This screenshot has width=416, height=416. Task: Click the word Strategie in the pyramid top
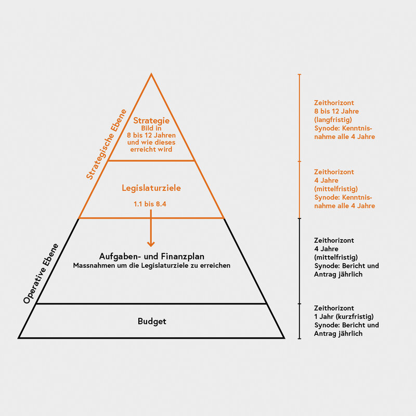click(151, 121)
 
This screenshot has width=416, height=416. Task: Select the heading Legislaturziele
click(151, 188)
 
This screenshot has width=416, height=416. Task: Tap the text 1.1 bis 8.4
click(150, 204)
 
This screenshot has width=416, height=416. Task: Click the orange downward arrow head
click(151, 243)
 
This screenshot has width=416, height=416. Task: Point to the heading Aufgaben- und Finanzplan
click(152, 256)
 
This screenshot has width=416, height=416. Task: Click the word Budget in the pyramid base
click(152, 321)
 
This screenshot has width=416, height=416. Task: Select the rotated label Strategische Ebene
click(107, 145)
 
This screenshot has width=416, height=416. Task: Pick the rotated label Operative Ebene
click(41, 274)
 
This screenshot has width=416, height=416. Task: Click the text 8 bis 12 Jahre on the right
click(336, 111)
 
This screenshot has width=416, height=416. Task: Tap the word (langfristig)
click(333, 120)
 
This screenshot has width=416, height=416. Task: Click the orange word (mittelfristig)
click(336, 189)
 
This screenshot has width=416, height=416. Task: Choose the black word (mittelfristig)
click(336, 257)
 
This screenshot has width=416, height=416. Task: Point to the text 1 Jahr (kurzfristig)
click(344, 317)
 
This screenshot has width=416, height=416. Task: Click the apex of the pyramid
click(151, 74)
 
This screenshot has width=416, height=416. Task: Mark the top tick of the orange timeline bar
click(300, 74)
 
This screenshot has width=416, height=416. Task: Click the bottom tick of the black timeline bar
click(300, 339)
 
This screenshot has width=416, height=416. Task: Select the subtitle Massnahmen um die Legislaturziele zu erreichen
click(152, 266)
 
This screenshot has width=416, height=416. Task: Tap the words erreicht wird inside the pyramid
click(151, 149)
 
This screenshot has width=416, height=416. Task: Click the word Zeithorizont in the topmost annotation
click(334, 102)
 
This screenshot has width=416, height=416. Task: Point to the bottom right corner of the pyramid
click(284, 338)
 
